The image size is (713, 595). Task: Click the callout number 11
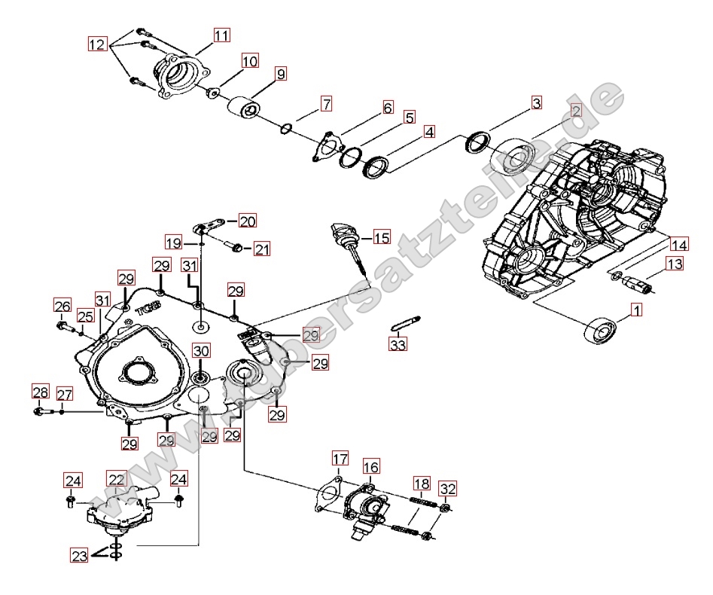221,35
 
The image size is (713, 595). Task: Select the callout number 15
382,238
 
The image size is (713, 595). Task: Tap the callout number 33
398,345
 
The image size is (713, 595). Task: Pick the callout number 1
635,310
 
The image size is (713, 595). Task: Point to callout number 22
116,479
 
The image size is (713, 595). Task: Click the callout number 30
201,351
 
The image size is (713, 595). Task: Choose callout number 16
371,467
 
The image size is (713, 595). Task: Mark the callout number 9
280,74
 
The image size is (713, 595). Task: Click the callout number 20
248,221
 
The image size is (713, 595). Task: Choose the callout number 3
537,103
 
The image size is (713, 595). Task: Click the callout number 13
675,264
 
